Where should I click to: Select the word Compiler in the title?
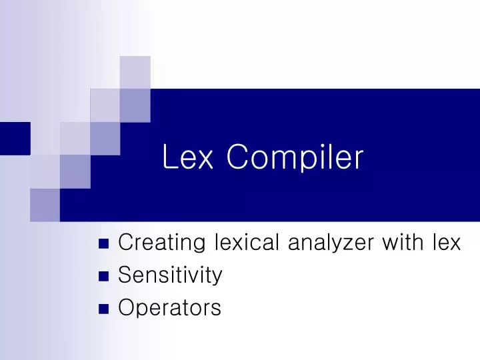pyautogui.click(x=295, y=158)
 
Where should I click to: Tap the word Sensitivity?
pyautogui.click(x=170, y=275)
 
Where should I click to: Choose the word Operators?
pyautogui.click(x=169, y=307)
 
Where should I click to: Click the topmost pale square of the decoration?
pyautogui.click(x=135, y=72)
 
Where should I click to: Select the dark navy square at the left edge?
pyautogui.click(x=15, y=138)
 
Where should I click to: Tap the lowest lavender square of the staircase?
pyautogui.click(x=45, y=205)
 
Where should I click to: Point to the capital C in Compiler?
pyautogui.click(x=237, y=158)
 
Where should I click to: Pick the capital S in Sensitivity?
pyautogui.click(x=124, y=275)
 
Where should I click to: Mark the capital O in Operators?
pyautogui.click(x=125, y=307)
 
